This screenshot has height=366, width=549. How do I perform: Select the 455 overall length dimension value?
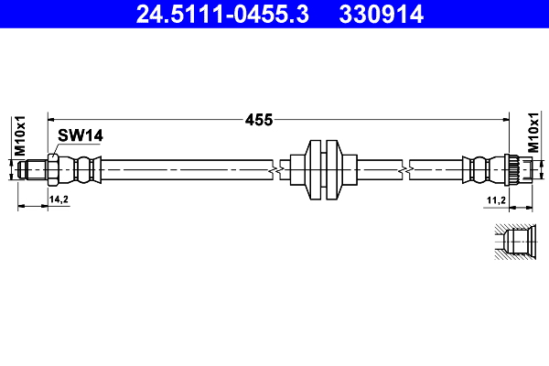[260, 118]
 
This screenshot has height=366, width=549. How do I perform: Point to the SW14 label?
[80, 135]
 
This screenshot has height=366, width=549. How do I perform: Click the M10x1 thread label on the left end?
[18, 135]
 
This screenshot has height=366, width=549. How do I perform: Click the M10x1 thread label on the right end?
[533, 135]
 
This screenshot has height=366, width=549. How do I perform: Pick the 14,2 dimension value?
[59, 199]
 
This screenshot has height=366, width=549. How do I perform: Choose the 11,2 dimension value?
[497, 199]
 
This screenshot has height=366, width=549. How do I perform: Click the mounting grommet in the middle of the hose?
[324, 170]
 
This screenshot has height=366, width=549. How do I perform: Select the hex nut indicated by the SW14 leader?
[55, 170]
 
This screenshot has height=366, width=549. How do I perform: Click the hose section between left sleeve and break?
[183, 170]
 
